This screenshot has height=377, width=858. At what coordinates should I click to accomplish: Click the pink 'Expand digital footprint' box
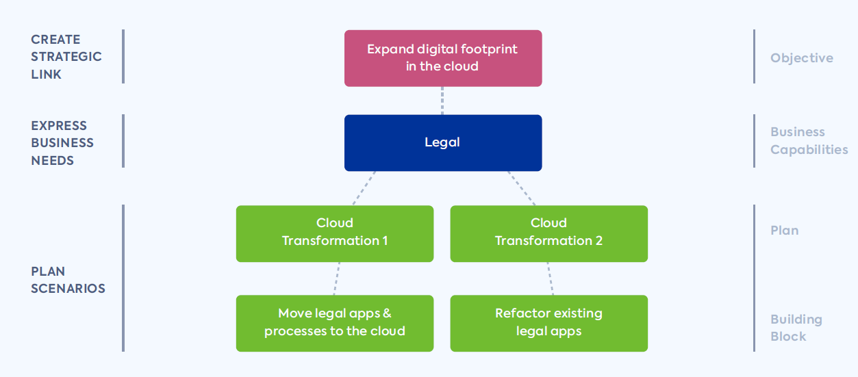pos(442,58)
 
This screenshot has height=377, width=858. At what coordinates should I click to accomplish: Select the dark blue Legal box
pos(442,142)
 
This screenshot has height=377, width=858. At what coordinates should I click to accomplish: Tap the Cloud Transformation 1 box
pos(334,233)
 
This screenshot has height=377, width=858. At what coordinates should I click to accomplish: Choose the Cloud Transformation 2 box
pos(548,233)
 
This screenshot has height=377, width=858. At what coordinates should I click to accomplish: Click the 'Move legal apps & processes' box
pos(334,323)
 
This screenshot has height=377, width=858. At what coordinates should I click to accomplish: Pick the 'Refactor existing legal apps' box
pos(548,323)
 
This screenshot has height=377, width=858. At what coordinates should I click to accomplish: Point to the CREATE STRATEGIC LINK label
pos(66,57)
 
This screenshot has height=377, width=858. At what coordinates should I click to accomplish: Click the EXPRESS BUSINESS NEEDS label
pos(62,143)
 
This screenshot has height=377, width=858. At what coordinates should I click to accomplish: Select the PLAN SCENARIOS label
pos(68,280)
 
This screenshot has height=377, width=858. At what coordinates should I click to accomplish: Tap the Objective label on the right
pos(801,58)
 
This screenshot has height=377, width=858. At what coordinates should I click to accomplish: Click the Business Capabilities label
pos(809,141)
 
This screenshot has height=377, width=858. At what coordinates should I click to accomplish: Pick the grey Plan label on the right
pos(784,231)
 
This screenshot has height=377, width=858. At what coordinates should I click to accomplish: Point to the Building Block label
pos(796,328)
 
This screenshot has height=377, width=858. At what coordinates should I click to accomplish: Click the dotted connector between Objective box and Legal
pos(442,101)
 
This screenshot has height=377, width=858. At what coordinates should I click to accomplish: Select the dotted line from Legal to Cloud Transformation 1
pos(364,188)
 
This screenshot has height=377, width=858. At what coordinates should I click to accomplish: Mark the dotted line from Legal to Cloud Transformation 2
pos(521,188)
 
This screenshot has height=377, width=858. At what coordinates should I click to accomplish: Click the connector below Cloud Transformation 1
pos(336,278)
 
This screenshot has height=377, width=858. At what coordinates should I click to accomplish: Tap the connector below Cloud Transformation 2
pos(549,278)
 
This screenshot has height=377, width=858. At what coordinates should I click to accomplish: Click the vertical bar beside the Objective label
pos(754,57)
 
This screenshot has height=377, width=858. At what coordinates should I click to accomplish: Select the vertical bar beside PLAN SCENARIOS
pos(123,278)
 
